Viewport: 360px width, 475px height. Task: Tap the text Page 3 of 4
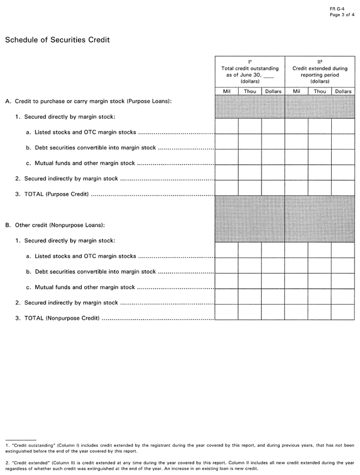pos(342,15)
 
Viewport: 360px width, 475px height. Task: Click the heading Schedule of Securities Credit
pos(57,40)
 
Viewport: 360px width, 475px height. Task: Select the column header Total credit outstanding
pos(250,69)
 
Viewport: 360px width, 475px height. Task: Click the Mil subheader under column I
pos(227,91)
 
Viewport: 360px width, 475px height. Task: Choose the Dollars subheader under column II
pos(343,91)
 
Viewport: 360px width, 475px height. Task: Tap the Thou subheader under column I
pos(250,91)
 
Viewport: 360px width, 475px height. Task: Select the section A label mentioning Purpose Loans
pos(88,101)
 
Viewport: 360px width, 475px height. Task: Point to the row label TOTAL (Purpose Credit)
pos(52,194)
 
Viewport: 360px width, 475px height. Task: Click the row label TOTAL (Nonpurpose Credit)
pos(57,318)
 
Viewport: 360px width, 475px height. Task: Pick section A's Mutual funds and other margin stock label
pos(80,163)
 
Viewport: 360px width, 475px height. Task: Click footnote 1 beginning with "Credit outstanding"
pos(179,448)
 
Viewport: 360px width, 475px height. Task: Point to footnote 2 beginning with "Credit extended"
pos(179,465)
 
